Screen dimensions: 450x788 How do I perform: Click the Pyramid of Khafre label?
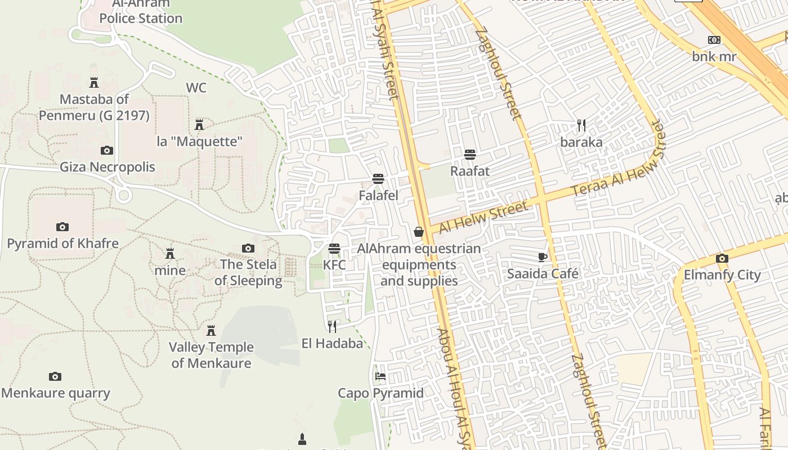[62, 244]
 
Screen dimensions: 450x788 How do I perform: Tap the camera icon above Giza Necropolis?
[106, 150]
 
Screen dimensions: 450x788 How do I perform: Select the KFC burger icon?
[334, 248]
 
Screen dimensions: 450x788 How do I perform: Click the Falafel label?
[378, 196]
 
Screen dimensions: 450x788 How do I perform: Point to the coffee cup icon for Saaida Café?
[542, 257]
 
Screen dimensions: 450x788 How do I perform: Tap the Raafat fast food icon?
[470, 155]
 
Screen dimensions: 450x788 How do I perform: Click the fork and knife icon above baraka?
[581, 125]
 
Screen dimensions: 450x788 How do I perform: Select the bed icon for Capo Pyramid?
[380, 376]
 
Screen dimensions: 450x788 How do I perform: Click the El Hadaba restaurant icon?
[332, 326]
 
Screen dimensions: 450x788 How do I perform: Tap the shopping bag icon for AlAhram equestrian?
[419, 232]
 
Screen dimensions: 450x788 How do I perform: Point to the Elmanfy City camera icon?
[722, 259]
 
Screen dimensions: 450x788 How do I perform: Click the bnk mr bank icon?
[714, 40]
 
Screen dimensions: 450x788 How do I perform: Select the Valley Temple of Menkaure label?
[211, 355]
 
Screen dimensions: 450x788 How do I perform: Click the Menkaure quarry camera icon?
[55, 376]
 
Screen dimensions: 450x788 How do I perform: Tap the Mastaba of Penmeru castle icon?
[94, 83]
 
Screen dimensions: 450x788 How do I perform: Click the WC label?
[196, 88]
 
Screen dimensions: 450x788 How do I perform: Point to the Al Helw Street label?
[484, 217]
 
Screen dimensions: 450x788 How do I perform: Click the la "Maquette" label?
[199, 141]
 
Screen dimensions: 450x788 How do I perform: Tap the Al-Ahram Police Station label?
[141, 11]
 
